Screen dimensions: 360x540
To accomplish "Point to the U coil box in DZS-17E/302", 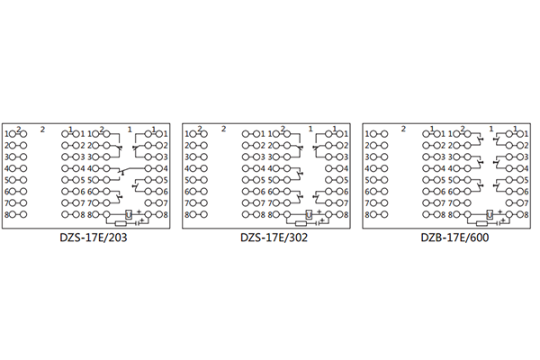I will tap(310, 214).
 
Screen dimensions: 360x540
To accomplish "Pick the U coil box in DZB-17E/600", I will tap(490, 214).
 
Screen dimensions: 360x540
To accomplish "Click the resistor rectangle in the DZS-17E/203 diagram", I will tap(121, 221).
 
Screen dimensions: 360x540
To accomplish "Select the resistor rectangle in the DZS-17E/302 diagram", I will tap(300, 221).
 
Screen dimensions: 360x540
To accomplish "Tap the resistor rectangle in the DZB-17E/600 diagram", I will tap(480, 221).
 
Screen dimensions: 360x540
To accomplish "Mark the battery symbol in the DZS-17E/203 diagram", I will tap(137, 221).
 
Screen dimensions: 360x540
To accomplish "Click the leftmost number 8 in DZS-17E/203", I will tap(7, 215).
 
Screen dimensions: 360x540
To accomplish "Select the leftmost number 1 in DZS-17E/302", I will tap(187, 134).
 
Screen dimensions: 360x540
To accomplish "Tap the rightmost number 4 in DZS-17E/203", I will tap(167, 168).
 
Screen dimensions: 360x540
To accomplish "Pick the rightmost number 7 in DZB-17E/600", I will tap(526, 203).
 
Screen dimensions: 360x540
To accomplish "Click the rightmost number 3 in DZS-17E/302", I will tap(347, 157).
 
